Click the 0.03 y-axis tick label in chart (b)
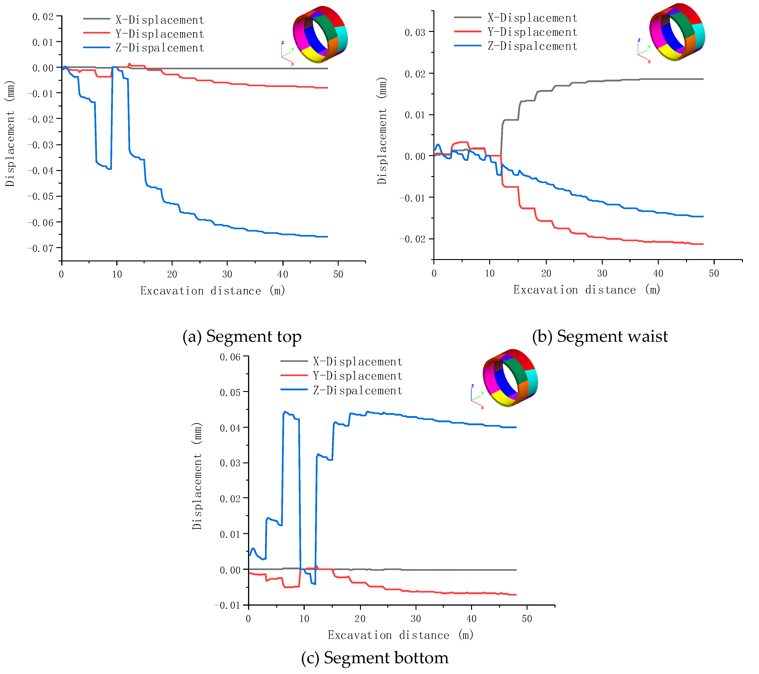click(415, 33)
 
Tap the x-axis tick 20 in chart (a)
click(172, 274)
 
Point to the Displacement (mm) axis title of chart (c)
click(197, 476)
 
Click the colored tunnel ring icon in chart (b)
click(677, 33)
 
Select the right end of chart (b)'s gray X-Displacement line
click(703, 79)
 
